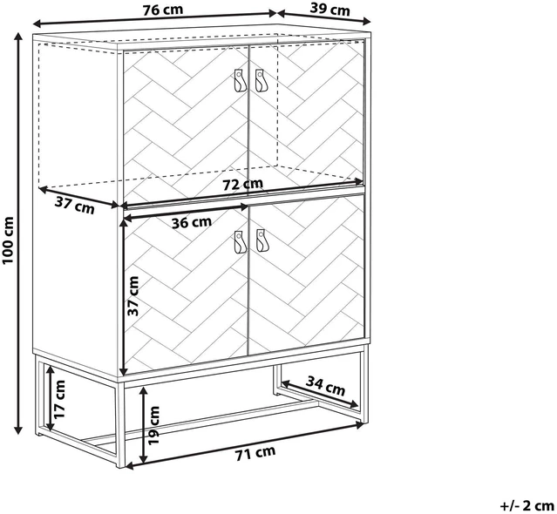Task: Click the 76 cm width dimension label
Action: (x=163, y=10)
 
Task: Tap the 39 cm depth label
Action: (x=330, y=10)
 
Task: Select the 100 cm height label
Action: (x=8, y=240)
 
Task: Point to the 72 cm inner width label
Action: (x=243, y=184)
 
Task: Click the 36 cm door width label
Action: (x=192, y=222)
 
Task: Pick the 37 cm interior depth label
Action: (x=75, y=206)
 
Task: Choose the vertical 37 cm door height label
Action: (x=133, y=295)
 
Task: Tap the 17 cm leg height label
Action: (x=59, y=399)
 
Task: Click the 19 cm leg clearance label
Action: (x=154, y=426)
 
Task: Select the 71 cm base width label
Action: (x=255, y=453)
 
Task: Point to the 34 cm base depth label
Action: (x=325, y=385)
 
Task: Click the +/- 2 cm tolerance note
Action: (x=527, y=505)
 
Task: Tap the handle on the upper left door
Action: (x=240, y=81)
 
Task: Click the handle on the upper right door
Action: (x=261, y=81)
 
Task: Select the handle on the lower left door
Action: (x=240, y=242)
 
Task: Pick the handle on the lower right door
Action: (x=262, y=241)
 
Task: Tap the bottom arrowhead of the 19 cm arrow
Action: (x=144, y=459)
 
